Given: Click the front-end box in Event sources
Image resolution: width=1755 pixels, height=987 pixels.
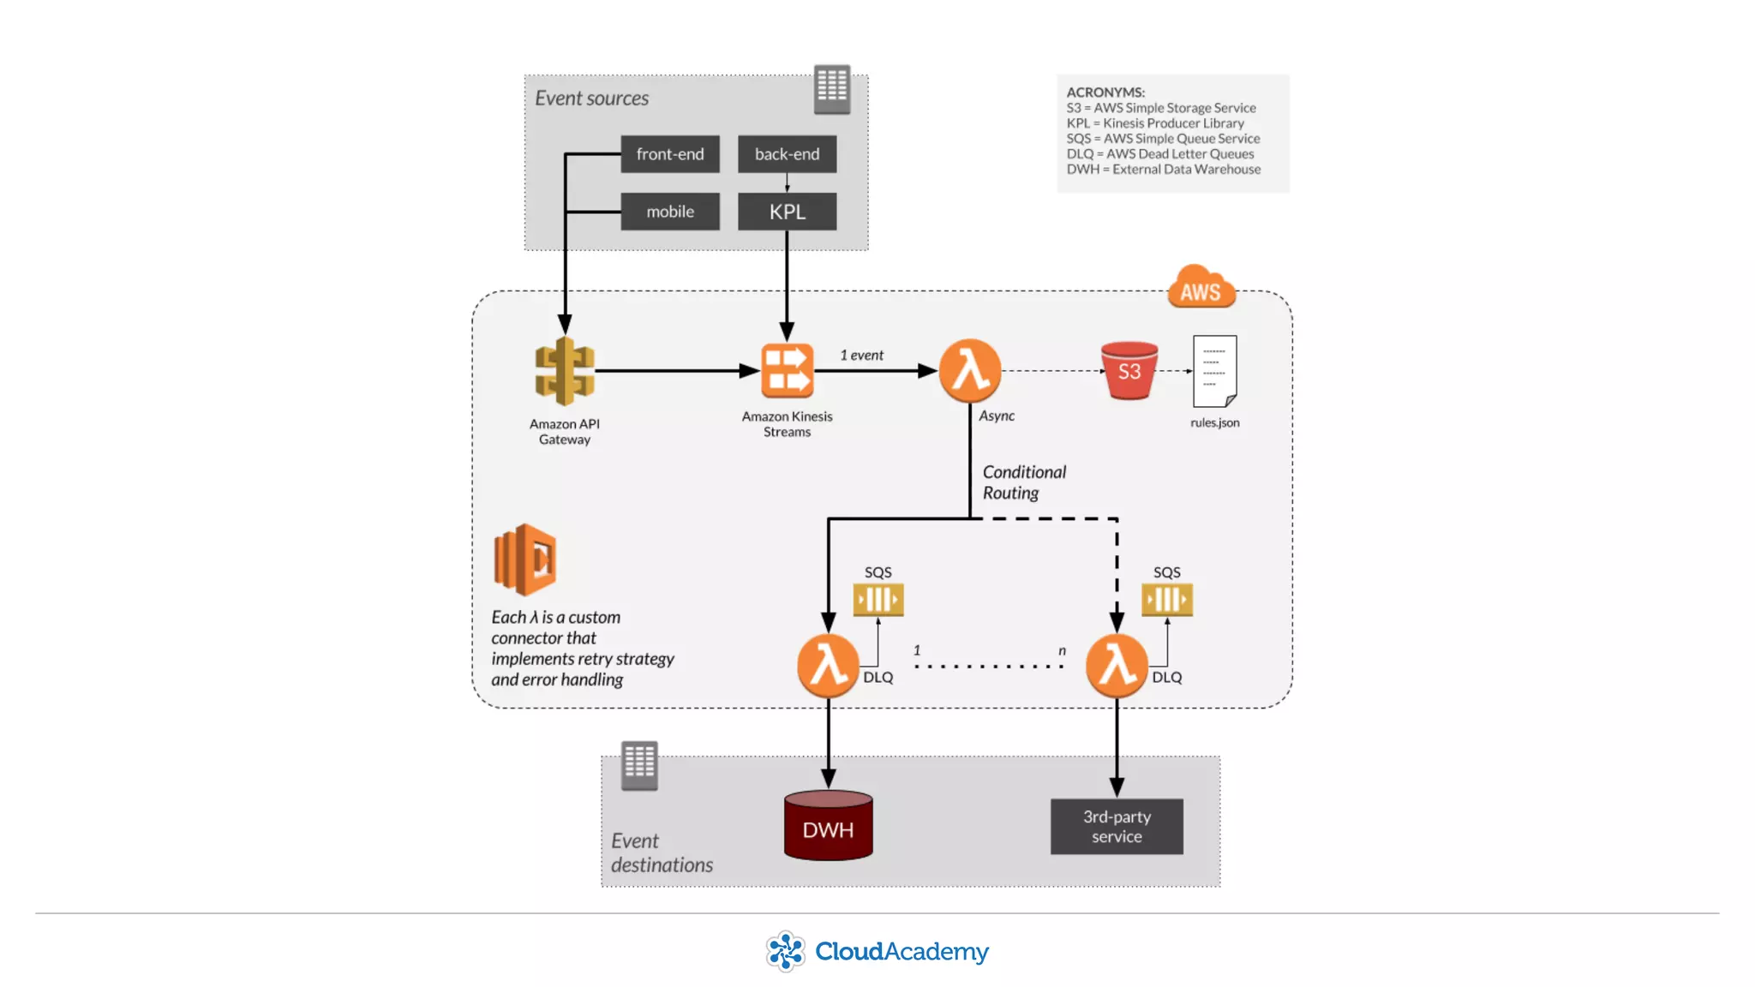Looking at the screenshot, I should tap(670, 154).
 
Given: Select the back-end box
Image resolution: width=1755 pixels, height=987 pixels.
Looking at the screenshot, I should tap(787, 154).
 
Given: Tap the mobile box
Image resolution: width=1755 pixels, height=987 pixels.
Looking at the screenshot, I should tap(670, 212).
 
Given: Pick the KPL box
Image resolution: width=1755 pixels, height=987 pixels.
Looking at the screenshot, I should tap(787, 212).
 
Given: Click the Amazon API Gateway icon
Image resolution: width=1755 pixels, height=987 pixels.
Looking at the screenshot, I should tap(565, 371).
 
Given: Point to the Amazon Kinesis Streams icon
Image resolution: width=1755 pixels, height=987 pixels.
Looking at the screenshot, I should tap(787, 371).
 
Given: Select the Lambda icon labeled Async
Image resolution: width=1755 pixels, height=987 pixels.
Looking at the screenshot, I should tap(970, 371).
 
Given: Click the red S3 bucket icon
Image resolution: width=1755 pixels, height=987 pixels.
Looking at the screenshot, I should tap(1129, 371).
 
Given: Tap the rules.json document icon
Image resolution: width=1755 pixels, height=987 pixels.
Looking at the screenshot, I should tap(1214, 371).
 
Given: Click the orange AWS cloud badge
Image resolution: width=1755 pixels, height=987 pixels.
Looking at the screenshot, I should tap(1201, 288).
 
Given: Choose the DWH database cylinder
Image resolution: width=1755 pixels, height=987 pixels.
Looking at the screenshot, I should tap(828, 826).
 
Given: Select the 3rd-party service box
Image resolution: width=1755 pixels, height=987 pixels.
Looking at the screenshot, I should tap(1117, 827).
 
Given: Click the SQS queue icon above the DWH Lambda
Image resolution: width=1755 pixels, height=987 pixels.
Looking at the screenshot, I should tap(877, 600).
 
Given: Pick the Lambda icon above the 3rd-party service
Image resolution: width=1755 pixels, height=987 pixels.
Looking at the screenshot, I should tap(1117, 666).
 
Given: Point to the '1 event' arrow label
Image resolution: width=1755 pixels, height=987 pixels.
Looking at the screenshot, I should tap(861, 356).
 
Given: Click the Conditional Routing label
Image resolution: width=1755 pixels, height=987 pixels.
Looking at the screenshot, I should tap(1024, 482).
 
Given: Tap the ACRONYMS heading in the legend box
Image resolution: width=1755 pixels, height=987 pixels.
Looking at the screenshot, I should tap(1105, 93).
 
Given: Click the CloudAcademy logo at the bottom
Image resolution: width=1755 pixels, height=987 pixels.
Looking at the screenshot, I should tap(877, 951).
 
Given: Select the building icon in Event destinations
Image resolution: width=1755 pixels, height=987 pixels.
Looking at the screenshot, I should tap(639, 765).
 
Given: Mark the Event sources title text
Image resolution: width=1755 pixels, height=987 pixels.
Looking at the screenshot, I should tap(591, 99).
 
